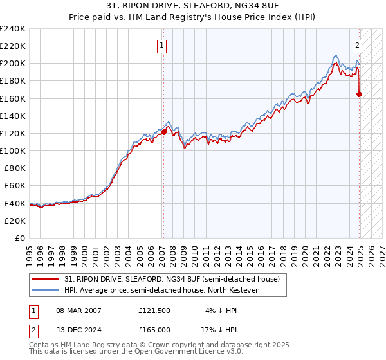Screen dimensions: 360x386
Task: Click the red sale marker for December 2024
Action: click(359, 94)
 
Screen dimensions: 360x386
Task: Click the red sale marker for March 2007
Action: click(163, 132)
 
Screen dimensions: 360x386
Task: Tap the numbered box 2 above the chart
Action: click(357, 46)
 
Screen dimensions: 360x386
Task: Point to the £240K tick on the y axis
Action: click(14, 29)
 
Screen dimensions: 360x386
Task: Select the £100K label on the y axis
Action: click(14, 150)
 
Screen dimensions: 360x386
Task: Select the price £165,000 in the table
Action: click(154, 329)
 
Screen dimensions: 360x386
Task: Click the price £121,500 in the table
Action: click(154, 310)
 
